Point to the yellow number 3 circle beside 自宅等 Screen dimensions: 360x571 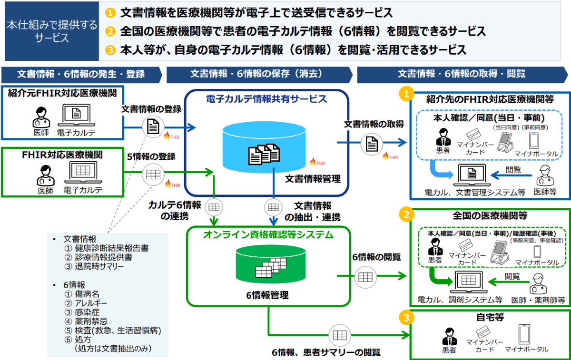click(405, 317)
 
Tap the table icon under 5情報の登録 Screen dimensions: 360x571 click(153, 175)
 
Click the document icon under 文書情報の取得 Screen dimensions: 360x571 click(372, 143)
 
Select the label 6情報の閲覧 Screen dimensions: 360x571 click(370, 257)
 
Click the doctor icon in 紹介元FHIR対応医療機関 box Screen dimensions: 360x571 click(41, 116)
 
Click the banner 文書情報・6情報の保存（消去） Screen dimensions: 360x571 click(256, 74)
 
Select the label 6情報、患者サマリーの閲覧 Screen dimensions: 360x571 click(326, 352)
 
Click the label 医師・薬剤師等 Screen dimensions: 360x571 click(538, 300)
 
